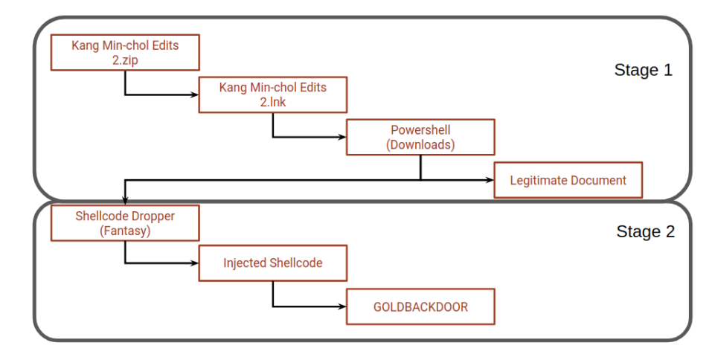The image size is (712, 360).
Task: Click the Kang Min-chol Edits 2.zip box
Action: tap(124, 52)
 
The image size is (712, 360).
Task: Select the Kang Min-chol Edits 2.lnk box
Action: tap(272, 94)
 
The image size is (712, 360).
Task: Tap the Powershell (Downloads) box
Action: tap(420, 138)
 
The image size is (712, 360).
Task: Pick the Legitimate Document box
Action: tap(568, 180)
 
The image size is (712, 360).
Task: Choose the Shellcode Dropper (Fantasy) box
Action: tap(124, 222)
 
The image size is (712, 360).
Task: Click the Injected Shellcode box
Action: tap(272, 263)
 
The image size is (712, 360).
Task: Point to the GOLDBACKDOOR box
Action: tap(420, 306)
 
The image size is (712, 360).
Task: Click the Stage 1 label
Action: tap(643, 71)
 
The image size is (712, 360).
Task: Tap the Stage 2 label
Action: tap(645, 231)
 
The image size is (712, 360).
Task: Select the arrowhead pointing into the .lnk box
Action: tap(195, 94)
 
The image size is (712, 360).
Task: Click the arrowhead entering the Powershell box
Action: tap(342, 138)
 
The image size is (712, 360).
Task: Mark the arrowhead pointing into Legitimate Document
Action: tap(490, 180)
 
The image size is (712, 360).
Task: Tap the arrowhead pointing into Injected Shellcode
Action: tap(195, 263)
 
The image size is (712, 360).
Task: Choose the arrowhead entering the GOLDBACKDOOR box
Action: tap(342, 306)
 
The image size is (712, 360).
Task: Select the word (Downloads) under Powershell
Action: tap(420, 145)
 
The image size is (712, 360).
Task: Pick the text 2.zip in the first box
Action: tap(124, 60)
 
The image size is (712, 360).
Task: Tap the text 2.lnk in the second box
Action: tap(272, 102)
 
